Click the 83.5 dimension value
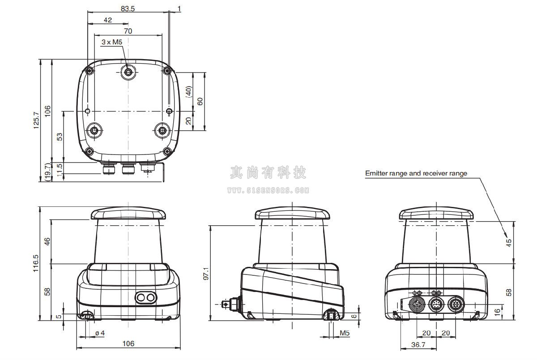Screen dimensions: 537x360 click(128, 9)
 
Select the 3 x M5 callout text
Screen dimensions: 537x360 click(112, 42)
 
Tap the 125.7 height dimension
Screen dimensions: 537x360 click(36, 120)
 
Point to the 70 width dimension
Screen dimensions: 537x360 click(128, 31)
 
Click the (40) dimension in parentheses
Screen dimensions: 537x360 click(189, 92)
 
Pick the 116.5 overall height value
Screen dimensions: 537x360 click(36, 263)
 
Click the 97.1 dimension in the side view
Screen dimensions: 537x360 click(206, 274)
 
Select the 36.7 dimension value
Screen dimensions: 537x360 click(418, 345)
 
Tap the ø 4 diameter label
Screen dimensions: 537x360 click(100, 333)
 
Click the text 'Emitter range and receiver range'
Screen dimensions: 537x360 click(416, 173)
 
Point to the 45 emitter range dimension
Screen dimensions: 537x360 click(508, 243)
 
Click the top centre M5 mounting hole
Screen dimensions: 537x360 click(128, 71)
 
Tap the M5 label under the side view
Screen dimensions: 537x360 click(345, 333)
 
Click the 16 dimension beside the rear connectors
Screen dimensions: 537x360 click(498, 311)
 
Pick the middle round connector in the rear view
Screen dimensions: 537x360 click(436, 304)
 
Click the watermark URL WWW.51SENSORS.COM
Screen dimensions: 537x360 click(268, 190)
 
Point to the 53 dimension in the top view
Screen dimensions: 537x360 click(59, 137)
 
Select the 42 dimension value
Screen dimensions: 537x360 click(108, 20)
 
